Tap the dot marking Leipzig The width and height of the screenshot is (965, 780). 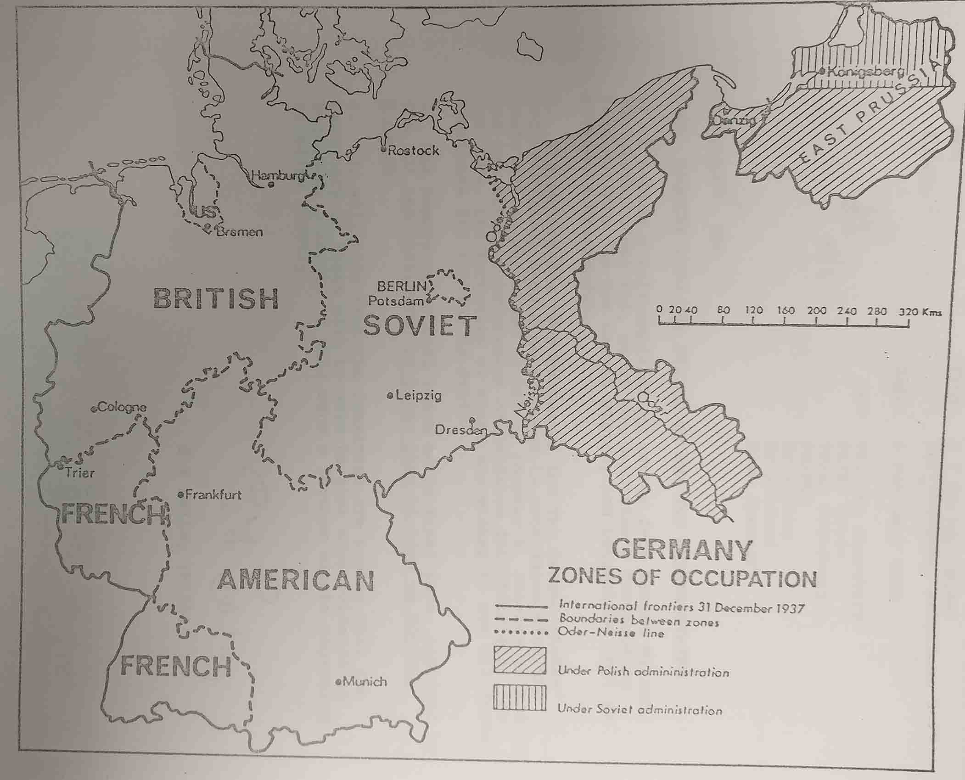pyautogui.click(x=390, y=395)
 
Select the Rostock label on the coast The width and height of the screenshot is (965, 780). pyautogui.click(x=413, y=150)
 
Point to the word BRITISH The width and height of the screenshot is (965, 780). pyautogui.click(x=216, y=299)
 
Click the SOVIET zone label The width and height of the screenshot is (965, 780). pyautogui.click(x=419, y=326)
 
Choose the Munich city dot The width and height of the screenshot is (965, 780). pyautogui.click(x=339, y=682)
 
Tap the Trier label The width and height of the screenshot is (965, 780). pyautogui.click(x=80, y=472)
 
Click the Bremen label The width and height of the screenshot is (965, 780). pyautogui.click(x=239, y=232)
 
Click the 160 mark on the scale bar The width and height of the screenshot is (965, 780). pyautogui.click(x=785, y=311)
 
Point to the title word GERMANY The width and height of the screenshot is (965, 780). pyautogui.click(x=682, y=549)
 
